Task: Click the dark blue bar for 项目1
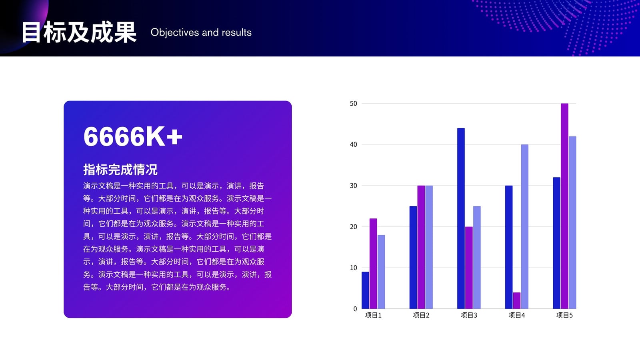pos(365,290)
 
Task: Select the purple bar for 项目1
pos(373,264)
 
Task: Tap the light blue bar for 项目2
pos(429,247)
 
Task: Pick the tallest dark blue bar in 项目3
pos(461,218)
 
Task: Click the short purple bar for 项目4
pos(516,300)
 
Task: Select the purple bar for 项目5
pos(564,206)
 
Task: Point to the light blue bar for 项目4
pos(524,226)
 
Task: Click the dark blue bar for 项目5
pos(556,243)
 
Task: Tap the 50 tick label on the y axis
pos(354,104)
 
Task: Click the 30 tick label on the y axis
pos(354,186)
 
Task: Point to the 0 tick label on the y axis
pos(355,309)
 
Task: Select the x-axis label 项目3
pos(469,315)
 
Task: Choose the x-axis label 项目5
pos(564,315)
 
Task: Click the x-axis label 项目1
pos(374,315)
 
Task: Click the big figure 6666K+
pos(133,136)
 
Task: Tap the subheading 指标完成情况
pos(120,170)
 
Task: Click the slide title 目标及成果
pos(79,32)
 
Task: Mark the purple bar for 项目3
pos(469,268)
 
